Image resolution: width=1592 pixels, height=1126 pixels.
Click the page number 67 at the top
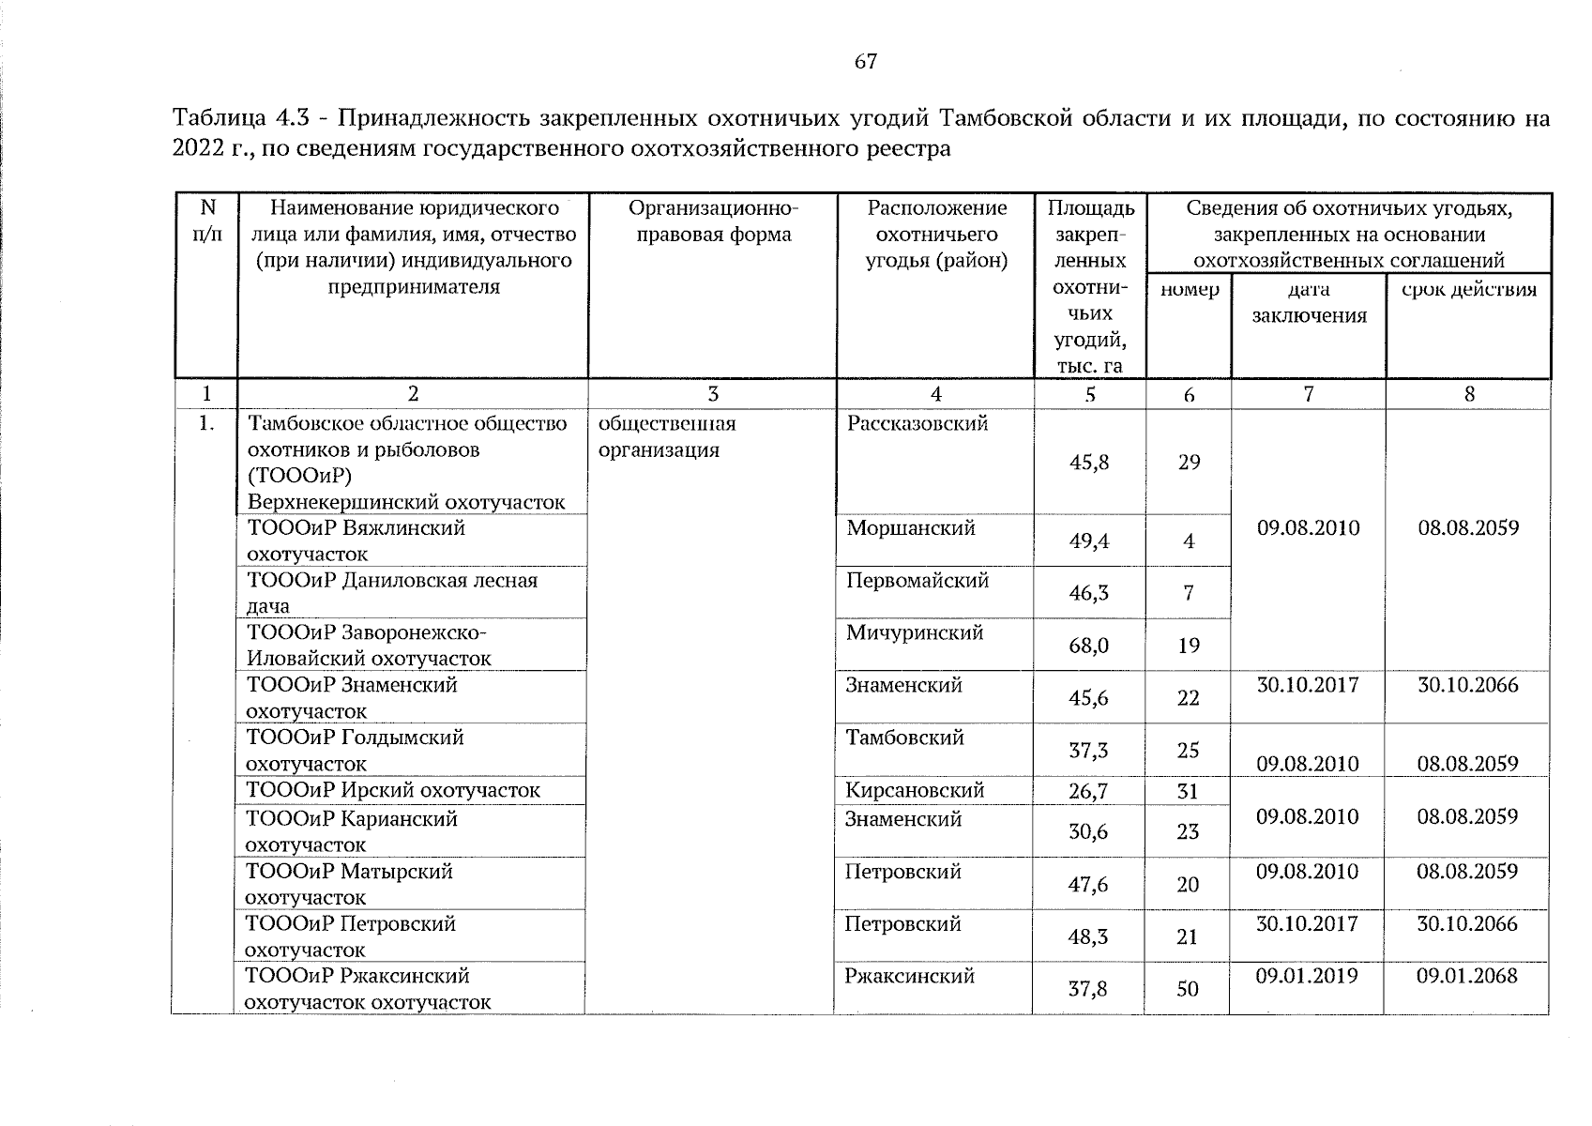(866, 62)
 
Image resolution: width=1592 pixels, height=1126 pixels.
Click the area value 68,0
(1088, 646)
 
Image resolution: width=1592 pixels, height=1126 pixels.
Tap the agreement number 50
(1188, 989)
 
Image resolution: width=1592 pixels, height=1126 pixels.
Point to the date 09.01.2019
(1307, 976)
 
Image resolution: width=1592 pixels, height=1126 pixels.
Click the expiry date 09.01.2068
(1467, 976)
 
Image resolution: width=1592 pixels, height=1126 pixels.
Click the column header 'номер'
(1190, 290)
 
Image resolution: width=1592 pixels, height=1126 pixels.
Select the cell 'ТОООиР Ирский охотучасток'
(393, 790)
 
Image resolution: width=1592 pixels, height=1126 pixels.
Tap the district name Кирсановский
(915, 791)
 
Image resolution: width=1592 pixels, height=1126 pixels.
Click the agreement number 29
(1189, 463)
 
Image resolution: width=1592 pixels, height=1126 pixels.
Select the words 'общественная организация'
(667, 437)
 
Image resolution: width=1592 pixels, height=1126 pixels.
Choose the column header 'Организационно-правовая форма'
(713, 221)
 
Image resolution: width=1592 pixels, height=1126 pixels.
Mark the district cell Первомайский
(917, 581)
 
